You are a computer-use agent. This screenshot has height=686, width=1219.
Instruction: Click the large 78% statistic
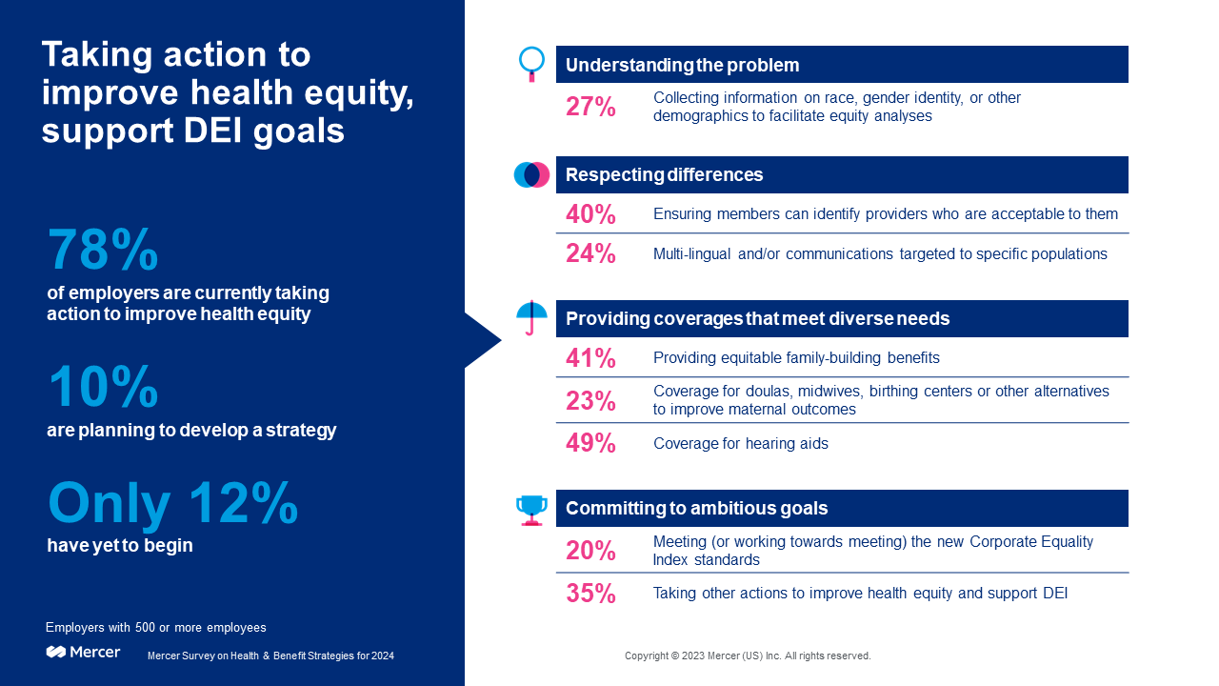click(x=103, y=251)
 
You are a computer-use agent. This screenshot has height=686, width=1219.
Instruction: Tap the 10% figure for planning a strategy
click(x=103, y=389)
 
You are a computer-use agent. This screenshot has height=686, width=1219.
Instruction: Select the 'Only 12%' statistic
click(x=172, y=505)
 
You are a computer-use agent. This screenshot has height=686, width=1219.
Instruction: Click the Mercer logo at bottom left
click(x=84, y=652)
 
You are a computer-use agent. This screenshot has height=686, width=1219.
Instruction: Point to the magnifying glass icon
click(x=531, y=63)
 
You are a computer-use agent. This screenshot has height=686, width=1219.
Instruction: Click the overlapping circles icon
click(x=531, y=174)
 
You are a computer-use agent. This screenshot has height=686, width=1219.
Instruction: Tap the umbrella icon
click(x=531, y=317)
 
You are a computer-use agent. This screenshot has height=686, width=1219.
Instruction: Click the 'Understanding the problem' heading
click(x=682, y=65)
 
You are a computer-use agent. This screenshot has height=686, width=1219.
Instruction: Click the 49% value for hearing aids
click(x=590, y=443)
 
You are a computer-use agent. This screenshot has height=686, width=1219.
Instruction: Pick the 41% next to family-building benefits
click(x=590, y=358)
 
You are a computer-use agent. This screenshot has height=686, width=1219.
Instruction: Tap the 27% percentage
click(x=590, y=107)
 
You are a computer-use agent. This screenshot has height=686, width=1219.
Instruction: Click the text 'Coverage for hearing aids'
click(x=740, y=444)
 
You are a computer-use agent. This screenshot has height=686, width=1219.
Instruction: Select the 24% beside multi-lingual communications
click(x=590, y=253)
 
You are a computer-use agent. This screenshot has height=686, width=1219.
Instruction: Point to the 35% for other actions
click(x=590, y=594)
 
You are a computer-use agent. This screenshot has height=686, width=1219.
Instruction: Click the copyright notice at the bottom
click(x=748, y=656)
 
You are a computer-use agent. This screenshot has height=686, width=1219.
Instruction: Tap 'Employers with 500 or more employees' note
click(x=156, y=628)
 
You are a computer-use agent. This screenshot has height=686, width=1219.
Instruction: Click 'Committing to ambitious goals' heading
click(x=696, y=508)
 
